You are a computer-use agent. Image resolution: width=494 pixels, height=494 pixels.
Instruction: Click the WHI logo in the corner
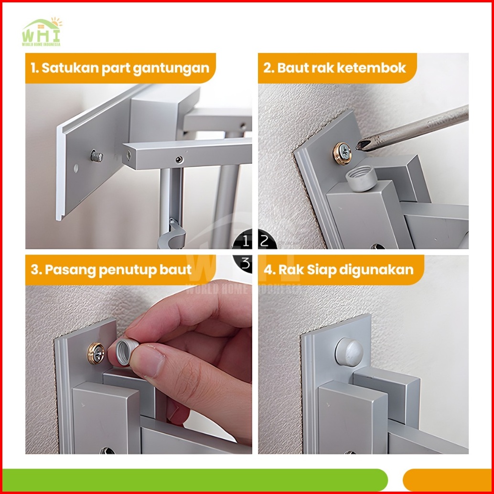click(42, 32)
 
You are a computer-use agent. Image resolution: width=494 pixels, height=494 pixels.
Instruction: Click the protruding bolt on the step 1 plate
click(97, 156)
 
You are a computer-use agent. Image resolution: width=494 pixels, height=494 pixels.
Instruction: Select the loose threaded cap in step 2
click(362, 178)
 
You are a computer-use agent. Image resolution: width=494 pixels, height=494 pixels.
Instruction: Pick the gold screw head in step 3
click(96, 354)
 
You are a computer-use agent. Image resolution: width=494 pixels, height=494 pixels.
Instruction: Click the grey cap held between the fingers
click(125, 352)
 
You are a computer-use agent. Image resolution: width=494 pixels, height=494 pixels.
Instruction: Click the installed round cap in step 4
click(349, 352)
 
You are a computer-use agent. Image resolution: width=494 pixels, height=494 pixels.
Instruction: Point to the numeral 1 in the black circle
click(246, 242)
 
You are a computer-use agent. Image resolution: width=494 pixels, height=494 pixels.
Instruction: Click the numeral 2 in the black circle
click(264, 241)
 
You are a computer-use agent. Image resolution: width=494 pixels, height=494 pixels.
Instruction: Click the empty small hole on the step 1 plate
click(76, 168)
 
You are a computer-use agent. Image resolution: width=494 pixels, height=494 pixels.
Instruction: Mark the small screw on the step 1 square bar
click(179, 160)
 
